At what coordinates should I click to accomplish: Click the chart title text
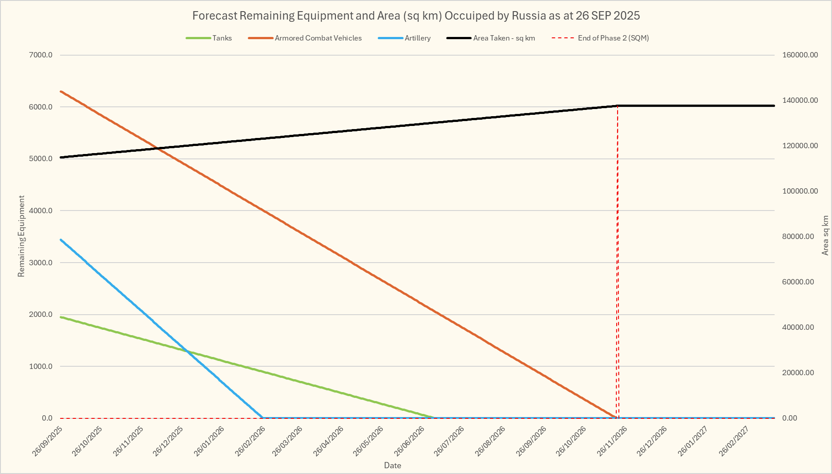point(416,16)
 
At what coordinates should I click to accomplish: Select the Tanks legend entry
point(222,38)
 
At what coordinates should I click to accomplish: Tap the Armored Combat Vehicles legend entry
point(318,38)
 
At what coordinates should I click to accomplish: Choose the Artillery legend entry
point(417,38)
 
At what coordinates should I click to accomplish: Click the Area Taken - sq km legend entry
point(504,38)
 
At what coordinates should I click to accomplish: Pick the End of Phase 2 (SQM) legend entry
point(613,38)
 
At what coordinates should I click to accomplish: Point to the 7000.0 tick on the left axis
point(41,55)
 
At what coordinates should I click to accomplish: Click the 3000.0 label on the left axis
point(41,263)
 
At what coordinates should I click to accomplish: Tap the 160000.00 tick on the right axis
point(800,55)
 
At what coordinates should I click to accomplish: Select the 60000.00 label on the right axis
point(798,282)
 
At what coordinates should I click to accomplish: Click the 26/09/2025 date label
point(48,441)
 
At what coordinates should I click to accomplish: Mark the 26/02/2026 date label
point(250,441)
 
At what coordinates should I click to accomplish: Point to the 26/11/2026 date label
point(613,441)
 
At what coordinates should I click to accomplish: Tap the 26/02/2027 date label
point(735,441)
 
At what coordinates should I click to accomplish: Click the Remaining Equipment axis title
point(21,236)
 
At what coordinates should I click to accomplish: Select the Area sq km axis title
point(825,235)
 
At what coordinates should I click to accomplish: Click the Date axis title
point(392,466)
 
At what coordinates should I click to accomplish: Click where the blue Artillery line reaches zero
point(263,417)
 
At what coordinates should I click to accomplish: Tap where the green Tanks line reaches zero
point(434,417)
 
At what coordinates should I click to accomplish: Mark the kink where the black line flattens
point(618,105)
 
